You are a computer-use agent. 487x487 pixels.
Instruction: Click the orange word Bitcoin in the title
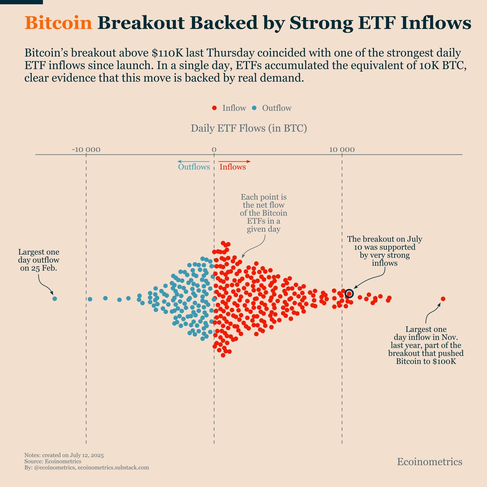(58, 23)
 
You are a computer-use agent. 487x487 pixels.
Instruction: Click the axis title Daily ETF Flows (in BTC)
(249, 129)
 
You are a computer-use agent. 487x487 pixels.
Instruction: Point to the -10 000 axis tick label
(86, 150)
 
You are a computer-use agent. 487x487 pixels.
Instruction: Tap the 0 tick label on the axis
(213, 150)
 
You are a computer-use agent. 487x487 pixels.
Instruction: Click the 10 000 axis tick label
(342, 150)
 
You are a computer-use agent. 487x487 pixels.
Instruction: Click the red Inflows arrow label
(233, 167)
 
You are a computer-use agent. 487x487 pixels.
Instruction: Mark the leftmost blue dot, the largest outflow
(55, 299)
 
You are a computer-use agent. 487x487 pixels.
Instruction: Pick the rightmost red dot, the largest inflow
(443, 299)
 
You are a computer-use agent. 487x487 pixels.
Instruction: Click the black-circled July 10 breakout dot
(349, 293)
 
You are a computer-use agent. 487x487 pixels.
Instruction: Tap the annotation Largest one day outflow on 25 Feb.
(39, 260)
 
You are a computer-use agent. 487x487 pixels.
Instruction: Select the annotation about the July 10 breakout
(384, 251)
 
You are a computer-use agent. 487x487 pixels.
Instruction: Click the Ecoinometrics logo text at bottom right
(429, 462)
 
